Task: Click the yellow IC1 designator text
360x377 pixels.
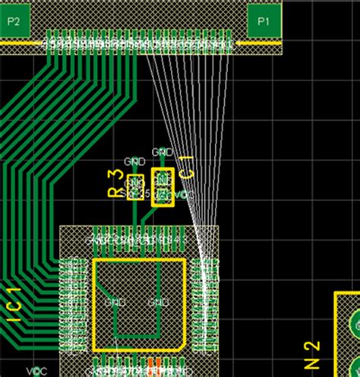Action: tap(14, 307)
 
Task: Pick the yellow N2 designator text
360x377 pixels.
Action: tap(312, 355)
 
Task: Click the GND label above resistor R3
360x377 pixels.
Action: tap(134, 161)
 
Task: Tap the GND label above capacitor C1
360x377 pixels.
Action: tap(162, 151)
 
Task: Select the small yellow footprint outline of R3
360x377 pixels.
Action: tap(135, 186)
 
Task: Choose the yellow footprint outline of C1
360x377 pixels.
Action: tap(163, 187)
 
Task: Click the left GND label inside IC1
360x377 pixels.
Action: tap(115, 302)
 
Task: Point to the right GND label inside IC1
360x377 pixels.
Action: tap(158, 302)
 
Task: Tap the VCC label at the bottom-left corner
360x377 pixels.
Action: tap(36, 371)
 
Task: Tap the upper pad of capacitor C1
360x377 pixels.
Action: tap(163, 179)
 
